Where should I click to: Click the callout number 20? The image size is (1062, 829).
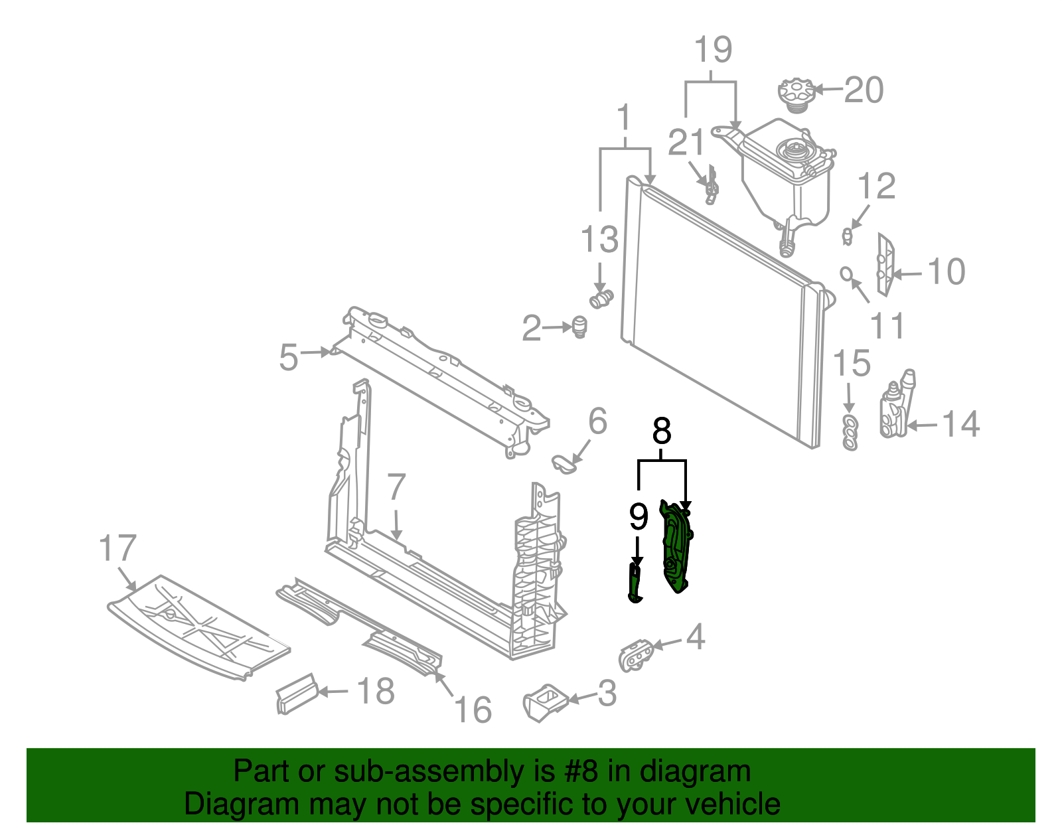(x=864, y=90)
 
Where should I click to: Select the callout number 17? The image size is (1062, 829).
(x=117, y=548)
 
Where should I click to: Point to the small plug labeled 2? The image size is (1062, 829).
(x=579, y=327)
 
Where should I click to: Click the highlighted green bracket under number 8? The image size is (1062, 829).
(x=676, y=546)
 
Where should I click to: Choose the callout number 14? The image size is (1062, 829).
(x=960, y=424)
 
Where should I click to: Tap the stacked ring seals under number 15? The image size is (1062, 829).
(x=850, y=432)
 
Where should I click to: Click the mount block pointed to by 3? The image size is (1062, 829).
(x=544, y=702)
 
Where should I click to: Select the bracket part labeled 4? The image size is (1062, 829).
(x=635, y=654)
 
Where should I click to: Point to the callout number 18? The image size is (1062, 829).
(x=375, y=691)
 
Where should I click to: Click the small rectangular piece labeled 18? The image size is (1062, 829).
(x=296, y=693)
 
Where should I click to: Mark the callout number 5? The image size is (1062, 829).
(x=288, y=357)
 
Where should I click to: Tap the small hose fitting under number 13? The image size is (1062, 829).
(x=601, y=297)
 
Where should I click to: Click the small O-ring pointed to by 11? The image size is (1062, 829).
(x=846, y=273)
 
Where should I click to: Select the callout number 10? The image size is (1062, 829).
(x=946, y=271)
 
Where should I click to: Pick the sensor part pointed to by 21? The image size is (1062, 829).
(x=712, y=186)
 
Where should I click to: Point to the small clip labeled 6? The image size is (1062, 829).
(x=564, y=463)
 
